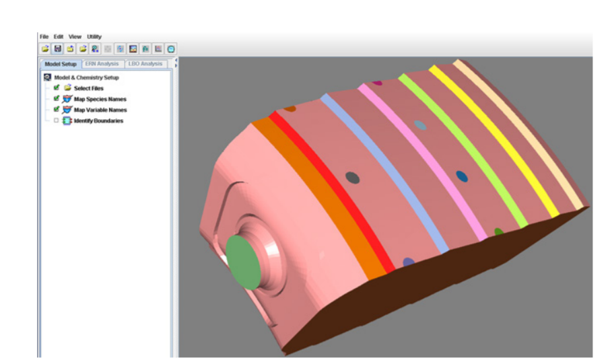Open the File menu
tap(44, 36)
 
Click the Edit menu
tap(59, 36)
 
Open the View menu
tap(75, 36)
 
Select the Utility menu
tap(94, 36)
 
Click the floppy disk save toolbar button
tap(58, 49)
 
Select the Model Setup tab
tap(61, 64)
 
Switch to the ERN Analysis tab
tap(102, 64)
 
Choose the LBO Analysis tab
tap(145, 64)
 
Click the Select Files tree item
tap(88, 88)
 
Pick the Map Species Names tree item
tap(100, 99)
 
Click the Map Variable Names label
tap(100, 110)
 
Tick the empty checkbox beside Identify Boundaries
tap(57, 120)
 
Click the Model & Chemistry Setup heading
tap(86, 77)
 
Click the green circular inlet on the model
tap(243, 262)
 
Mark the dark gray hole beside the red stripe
tap(352, 177)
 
